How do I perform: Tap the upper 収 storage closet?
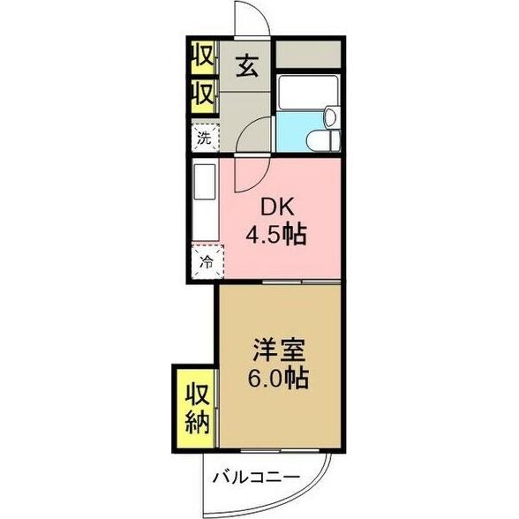coord(202,57)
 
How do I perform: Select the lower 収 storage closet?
coord(202,93)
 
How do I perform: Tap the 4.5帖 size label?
coord(276,236)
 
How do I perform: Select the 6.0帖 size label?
coord(276,380)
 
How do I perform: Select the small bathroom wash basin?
coord(329,115)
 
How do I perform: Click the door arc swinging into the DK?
coord(254,172)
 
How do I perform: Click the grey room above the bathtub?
coord(307,55)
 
